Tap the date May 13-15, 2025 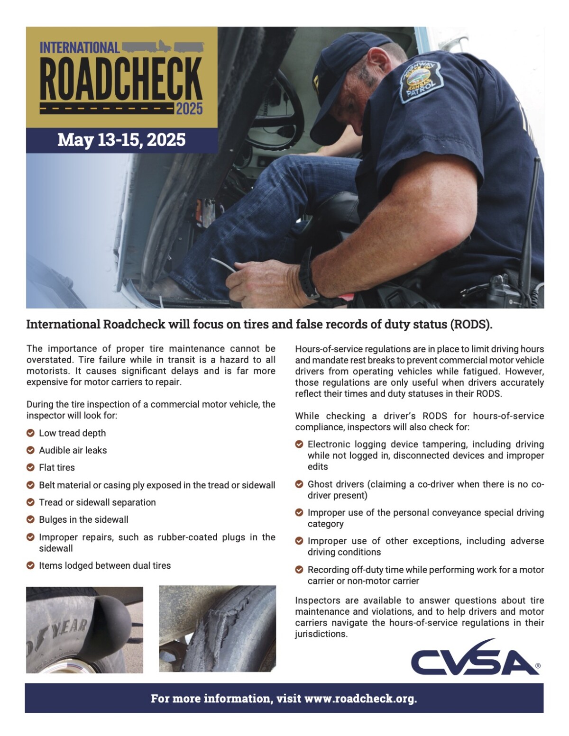point(121,140)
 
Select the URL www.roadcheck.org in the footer point(360,698)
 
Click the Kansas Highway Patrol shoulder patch point(421,82)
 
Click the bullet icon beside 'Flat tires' point(30,467)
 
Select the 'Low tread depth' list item point(72,433)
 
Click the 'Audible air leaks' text point(73,450)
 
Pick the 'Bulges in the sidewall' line point(83,519)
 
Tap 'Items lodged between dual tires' point(104,565)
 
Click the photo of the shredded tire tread point(217,628)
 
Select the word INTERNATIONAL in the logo point(79,48)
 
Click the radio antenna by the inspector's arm point(530,223)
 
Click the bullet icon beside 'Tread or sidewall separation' point(30,502)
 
